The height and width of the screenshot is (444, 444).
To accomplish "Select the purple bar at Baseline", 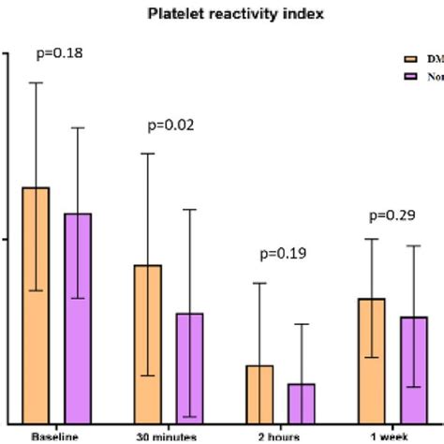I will click(x=78, y=318).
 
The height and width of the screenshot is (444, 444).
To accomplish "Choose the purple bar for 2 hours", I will click(x=301, y=403).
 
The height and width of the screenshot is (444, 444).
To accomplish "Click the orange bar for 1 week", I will click(x=372, y=360).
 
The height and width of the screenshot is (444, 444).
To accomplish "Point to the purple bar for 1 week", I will click(x=413, y=369).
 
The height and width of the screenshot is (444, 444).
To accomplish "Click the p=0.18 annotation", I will click(x=58, y=53).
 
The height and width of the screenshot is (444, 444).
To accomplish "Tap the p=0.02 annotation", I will click(x=170, y=125).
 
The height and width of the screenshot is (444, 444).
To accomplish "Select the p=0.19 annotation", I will click(x=283, y=253).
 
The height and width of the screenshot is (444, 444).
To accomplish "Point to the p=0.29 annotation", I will click(x=392, y=215).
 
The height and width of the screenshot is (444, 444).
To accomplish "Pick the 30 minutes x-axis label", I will click(x=167, y=437).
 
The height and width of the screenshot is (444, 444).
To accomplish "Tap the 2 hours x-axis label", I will click(x=279, y=437).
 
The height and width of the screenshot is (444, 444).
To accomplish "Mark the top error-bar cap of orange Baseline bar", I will click(x=36, y=82).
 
